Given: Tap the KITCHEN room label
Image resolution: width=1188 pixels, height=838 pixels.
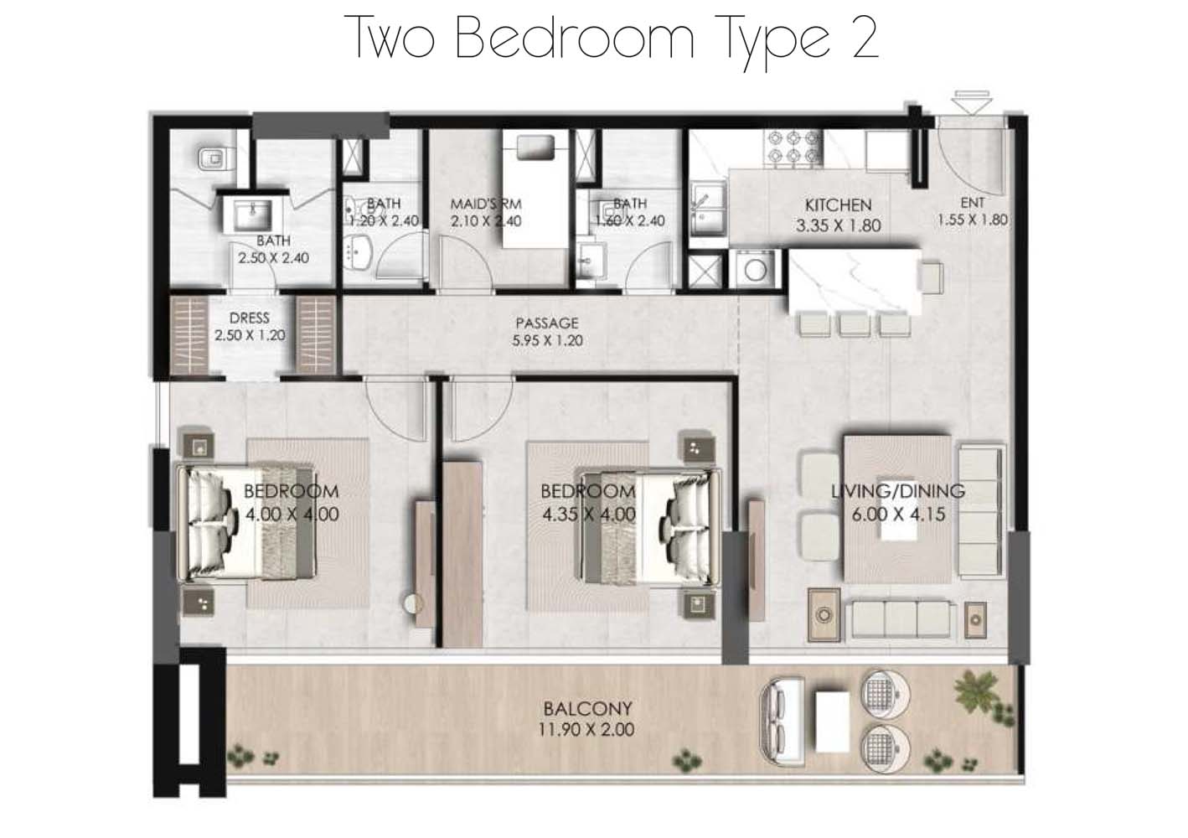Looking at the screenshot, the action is (x=838, y=205).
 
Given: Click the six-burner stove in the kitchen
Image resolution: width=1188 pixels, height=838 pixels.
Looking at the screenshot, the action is (x=793, y=147).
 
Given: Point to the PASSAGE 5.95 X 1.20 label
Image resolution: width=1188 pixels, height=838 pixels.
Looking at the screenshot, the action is (x=547, y=332).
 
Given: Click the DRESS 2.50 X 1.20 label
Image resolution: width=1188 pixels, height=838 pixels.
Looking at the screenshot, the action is (x=250, y=326).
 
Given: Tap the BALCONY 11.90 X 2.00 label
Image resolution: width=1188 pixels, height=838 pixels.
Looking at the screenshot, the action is (x=587, y=719).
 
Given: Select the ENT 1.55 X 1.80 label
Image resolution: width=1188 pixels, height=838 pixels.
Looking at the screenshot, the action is (x=973, y=211).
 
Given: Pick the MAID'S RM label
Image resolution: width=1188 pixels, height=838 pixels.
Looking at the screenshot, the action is (x=486, y=204).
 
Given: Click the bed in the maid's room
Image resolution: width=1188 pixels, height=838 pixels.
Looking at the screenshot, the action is (x=535, y=191).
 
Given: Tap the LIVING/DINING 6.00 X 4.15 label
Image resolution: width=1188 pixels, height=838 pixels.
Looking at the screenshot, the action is (x=898, y=502).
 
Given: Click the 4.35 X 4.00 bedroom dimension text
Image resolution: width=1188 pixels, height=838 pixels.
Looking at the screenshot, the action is (x=589, y=514).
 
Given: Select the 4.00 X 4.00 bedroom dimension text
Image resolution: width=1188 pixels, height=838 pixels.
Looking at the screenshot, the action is (x=292, y=514).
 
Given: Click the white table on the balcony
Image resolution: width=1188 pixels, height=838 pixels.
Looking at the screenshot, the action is (x=833, y=722).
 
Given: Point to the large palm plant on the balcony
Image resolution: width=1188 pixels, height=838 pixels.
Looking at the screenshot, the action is (x=975, y=689).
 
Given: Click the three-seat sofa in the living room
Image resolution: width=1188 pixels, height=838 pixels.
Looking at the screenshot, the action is (x=900, y=619).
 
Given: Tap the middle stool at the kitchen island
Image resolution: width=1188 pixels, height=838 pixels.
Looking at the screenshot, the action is (x=854, y=324).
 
